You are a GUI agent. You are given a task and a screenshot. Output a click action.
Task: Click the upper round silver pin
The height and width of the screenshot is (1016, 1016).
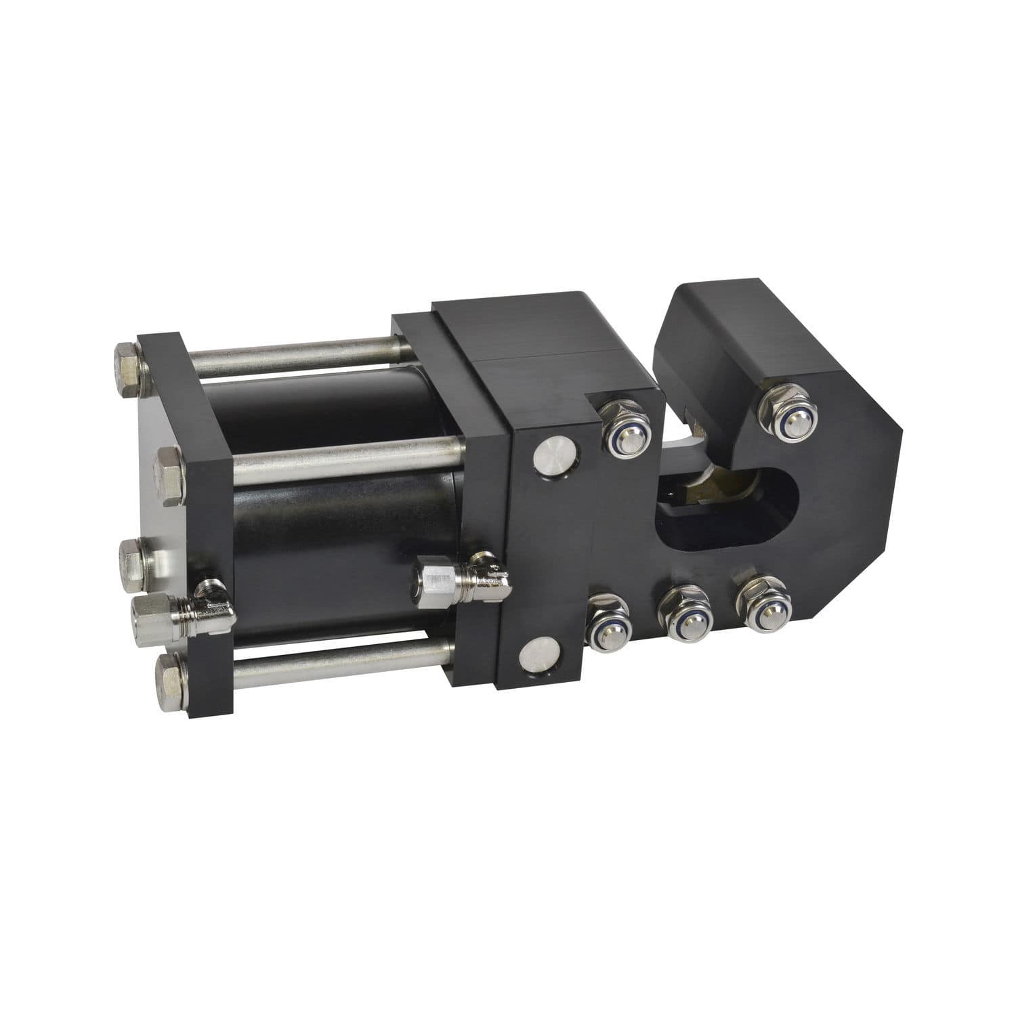coord(553,459)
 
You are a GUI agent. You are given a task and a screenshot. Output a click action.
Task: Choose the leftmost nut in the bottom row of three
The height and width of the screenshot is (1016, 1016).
coord(608,622)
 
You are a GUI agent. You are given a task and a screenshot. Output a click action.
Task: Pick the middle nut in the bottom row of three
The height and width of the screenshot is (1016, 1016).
coord(682,613)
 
